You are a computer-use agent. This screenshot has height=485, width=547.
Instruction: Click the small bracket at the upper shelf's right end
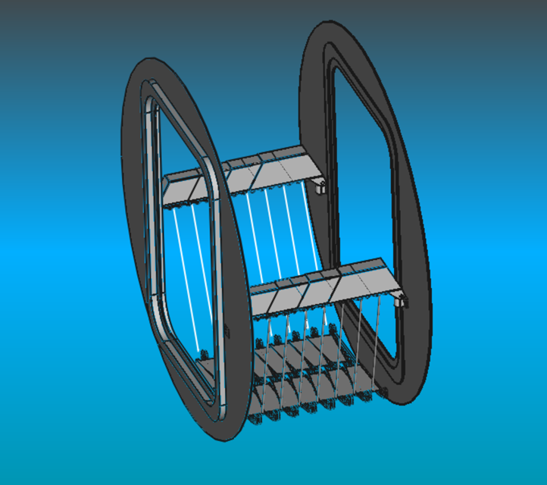coord(320,186)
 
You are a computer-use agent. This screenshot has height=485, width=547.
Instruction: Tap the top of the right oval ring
coord(333,30)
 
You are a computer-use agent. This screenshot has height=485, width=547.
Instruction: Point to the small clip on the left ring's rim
coord(227,330)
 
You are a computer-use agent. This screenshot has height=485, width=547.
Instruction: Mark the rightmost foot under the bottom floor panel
coord(383,392)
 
